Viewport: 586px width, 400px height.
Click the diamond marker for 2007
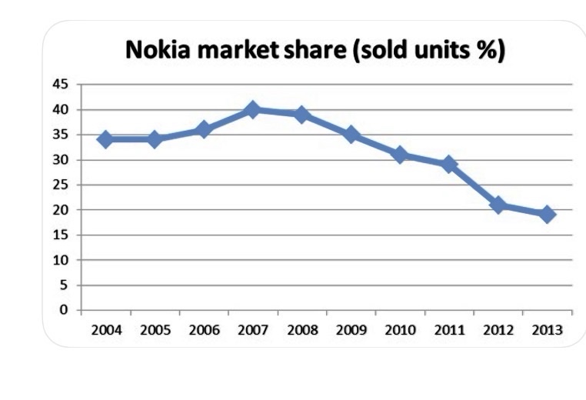pos(253,110)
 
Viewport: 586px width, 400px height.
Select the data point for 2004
pos(105,139)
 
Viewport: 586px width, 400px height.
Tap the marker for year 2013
pos(547,215)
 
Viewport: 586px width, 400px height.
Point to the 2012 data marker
pos(498,205)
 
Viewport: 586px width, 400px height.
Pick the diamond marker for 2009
pos(351,135)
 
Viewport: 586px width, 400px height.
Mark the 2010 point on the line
pos(400,155)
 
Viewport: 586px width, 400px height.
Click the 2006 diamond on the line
pos(204,129)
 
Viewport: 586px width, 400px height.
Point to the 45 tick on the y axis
pos(60,85)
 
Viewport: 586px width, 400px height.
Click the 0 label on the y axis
pos(65,310)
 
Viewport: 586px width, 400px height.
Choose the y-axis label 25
pos(60,185)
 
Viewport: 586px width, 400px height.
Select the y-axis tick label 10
pos(60,260)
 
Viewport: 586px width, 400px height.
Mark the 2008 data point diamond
pos(302,115)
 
